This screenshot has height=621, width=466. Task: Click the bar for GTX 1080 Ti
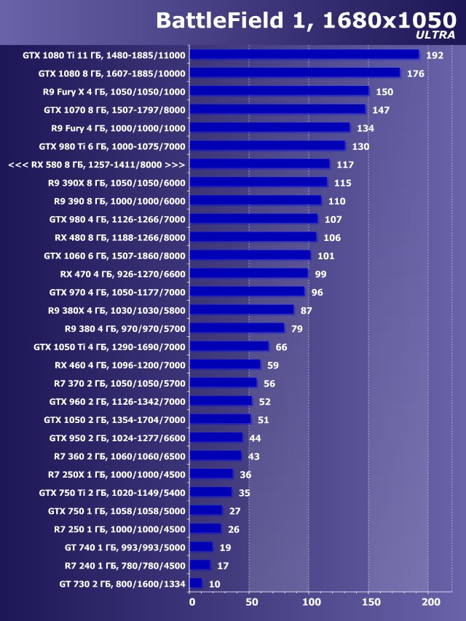pos(305,55)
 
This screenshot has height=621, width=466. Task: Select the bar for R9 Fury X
pos(280,91)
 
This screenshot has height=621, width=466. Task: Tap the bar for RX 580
pos(260,165)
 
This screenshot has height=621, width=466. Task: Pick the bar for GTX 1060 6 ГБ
pos(250,256)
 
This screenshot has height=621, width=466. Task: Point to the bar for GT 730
pos(196,584)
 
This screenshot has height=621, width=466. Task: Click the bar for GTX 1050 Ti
pos(229,347)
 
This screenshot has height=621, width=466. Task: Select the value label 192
pos(435,55)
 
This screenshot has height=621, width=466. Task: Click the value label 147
pos(381,109)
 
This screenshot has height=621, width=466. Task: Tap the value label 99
pos(320,274)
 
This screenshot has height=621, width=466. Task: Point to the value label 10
pos(214,584)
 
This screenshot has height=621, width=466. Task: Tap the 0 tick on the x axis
pos(191,602)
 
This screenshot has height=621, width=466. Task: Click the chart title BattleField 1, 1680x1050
pos(306,20)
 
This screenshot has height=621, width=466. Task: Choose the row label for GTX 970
pos(117,292)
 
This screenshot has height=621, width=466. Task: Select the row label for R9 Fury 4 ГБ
pos(119,127)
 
